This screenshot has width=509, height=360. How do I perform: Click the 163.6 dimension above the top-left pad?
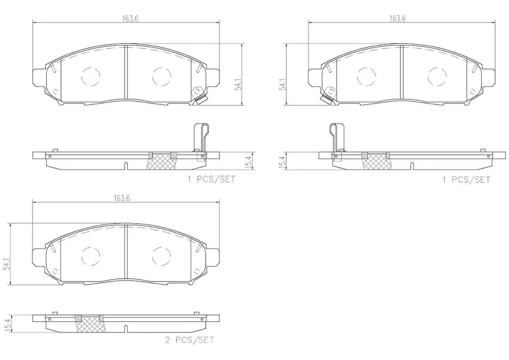(x=126, y=17)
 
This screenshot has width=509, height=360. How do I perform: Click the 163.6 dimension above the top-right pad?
(x=401, y=17)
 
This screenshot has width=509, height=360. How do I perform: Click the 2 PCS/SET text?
(x=189, y=340)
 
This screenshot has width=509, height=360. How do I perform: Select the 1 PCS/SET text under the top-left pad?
(x=211, y=179)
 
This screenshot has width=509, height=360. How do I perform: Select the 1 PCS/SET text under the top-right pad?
(x=467, y=179)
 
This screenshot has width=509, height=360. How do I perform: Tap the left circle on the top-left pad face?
(x=91, y=76)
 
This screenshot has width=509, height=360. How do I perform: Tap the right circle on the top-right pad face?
(x=436, y=76)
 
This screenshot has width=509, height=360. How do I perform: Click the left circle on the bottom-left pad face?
(x=91, y=256)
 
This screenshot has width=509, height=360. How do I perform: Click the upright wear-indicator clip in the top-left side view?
(x=201, y=138)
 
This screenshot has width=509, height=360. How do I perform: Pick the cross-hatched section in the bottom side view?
(x=89, y=325)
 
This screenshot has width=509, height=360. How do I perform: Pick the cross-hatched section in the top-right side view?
(x=375, y=161)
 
